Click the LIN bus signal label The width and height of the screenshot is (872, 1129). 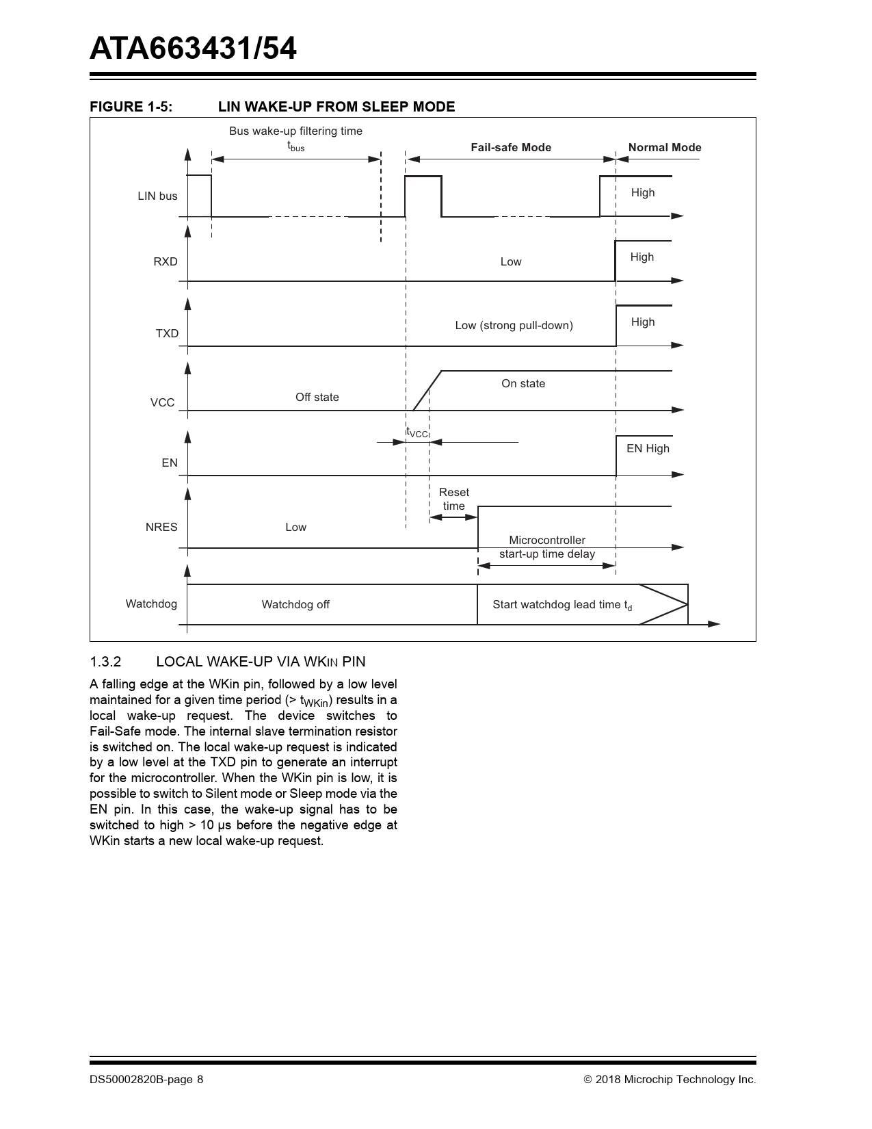157,196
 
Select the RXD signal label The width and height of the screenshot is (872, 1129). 166,261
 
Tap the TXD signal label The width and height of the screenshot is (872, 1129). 167,333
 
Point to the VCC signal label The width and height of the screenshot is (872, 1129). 163,402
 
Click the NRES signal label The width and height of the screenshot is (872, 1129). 161,527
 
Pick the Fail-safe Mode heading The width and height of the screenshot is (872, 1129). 511,147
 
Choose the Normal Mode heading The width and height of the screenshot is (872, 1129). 665,147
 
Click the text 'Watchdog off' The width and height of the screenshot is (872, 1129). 295,604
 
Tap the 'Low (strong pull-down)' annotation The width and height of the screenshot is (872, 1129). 514,325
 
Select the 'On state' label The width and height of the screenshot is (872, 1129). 523,383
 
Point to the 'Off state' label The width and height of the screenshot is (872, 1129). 317,397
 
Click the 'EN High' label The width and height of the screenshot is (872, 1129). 648,448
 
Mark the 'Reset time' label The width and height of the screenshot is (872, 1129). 454,499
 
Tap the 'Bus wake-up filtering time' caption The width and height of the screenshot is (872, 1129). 295,131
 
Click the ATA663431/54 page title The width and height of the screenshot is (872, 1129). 193,49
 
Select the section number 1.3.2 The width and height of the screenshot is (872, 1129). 105,662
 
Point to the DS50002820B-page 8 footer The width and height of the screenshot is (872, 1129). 146,1079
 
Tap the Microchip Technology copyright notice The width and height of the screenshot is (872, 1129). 670,1079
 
